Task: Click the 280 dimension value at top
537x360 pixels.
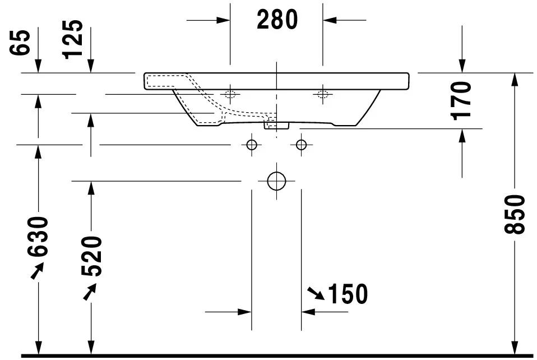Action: point(277,20)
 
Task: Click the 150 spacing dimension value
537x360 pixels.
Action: point(348,294)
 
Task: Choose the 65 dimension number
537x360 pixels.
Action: point(21,43)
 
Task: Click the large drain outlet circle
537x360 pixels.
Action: point(276,181)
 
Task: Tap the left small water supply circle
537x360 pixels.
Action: point(251,145)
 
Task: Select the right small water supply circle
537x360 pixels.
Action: point(302,145)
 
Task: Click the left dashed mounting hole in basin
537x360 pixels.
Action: point(230,94)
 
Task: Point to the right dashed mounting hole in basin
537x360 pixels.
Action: point(322,94)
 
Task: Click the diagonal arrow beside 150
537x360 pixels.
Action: point(316,293)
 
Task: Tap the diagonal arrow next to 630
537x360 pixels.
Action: point(36,271)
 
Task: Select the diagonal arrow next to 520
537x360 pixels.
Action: point(90,290)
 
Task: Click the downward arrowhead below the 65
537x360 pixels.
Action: point(38,67)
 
